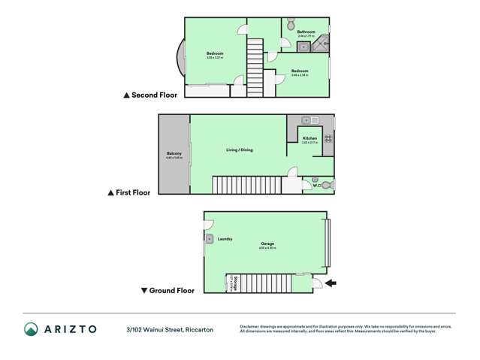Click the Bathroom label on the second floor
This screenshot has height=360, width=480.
coord(306,32)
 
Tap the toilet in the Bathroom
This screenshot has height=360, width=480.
coord(290,24)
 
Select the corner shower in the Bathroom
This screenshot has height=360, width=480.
coord(320,46)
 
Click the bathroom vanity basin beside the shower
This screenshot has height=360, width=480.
coord(304,47)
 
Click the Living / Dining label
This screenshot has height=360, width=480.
coord(240,150)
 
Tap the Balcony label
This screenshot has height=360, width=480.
coord(174,154)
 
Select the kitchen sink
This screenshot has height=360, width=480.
coord(310,120)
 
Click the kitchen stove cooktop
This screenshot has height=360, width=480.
coord(328,138)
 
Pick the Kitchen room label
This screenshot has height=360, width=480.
coord(309,139)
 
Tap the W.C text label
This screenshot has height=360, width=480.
coord(316,185)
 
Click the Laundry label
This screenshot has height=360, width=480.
coord(225,239)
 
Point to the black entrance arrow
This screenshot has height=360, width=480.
coord(331,283)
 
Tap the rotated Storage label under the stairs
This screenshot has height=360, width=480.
coord(234,283)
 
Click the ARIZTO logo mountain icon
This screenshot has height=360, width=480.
coord(31,329)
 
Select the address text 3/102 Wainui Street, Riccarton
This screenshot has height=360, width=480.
coord(170,329)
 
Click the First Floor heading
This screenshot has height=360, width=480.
coord(133,192)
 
